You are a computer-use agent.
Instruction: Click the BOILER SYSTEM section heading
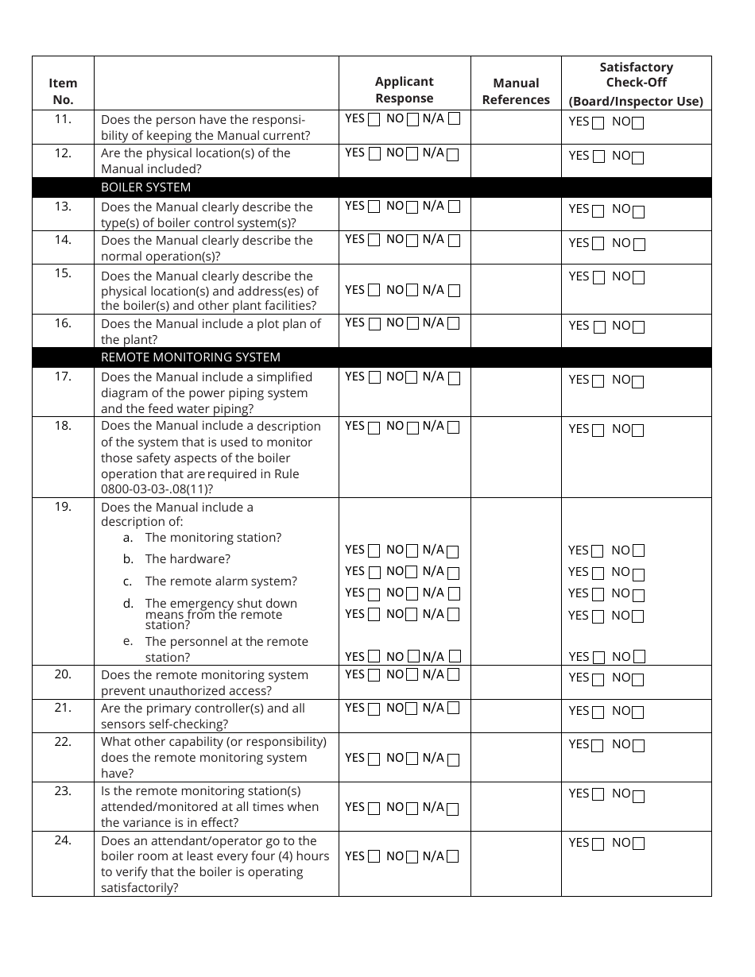point(145,187)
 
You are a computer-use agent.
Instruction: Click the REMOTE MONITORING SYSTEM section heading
point(190,357)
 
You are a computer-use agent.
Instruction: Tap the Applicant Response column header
point(405,90)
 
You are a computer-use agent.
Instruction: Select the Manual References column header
point(516,91)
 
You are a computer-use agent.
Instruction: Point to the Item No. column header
point(63,91)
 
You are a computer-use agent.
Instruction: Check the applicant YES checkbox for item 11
point(374,121)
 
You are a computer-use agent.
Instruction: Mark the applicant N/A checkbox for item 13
point(454,207)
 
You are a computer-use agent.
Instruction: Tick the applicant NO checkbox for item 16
point(412,324)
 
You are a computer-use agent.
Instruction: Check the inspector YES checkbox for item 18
point(598,431)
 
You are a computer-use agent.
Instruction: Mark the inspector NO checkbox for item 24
point(638,844)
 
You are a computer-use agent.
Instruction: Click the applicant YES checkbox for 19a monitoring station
point(374,551)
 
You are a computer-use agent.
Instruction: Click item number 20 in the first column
point(63,674)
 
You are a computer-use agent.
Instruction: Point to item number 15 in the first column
point(63,273)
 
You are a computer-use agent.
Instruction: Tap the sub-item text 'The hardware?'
point(188,559)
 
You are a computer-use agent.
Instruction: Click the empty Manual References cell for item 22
point(516,757)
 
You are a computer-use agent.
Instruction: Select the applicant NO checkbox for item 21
point(412,709)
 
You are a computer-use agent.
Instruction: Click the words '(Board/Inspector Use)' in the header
point(636,101)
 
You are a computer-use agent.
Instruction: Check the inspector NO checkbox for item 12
point(638,157)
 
